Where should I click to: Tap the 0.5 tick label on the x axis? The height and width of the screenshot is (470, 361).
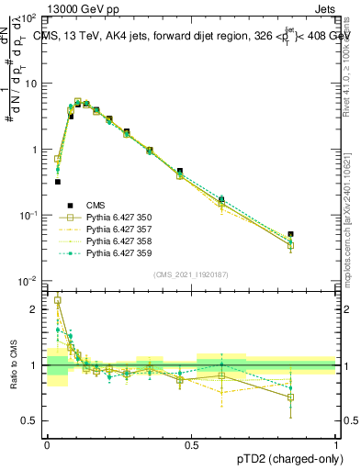191,443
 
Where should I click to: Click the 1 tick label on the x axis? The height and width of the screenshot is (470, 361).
336,443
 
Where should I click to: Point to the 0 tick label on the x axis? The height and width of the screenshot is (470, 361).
47,443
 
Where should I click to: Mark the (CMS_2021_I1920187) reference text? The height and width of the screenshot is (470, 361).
191,274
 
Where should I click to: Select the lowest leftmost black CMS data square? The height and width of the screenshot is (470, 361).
58,182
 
